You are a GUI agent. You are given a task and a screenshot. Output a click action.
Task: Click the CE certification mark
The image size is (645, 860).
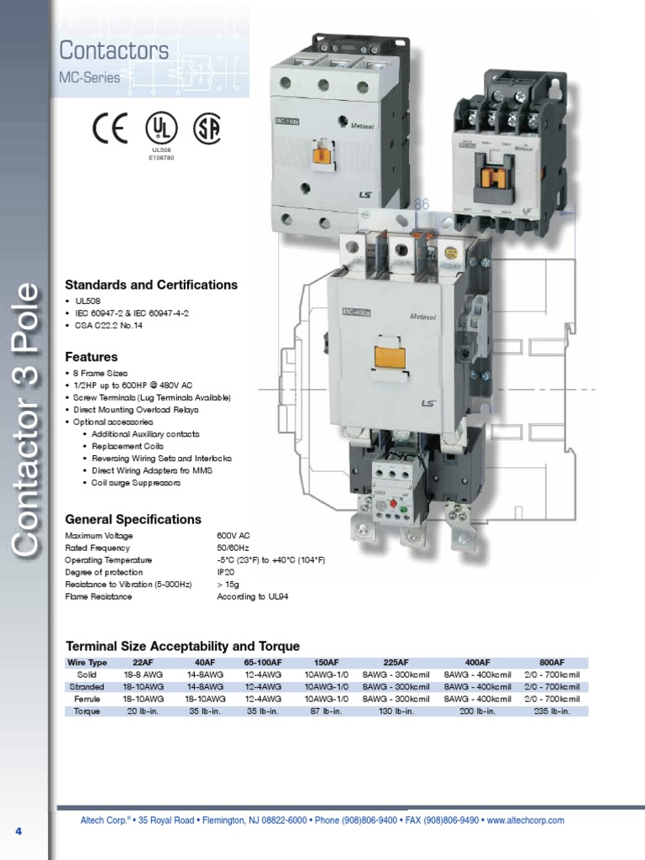110,128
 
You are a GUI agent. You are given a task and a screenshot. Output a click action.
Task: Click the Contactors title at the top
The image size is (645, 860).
113,50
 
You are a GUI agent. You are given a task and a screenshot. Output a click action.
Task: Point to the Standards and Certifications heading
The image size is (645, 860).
151,285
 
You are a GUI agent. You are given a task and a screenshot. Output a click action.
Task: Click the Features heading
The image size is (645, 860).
91,357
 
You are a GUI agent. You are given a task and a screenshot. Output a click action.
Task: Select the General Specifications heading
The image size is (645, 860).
133,519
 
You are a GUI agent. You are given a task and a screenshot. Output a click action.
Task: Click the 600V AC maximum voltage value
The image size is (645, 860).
233,536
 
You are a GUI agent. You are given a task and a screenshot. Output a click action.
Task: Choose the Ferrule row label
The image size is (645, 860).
87,699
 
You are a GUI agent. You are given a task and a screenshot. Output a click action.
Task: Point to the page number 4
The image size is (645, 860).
18,831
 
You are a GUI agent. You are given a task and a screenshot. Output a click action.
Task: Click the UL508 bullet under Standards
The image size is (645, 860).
86,300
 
